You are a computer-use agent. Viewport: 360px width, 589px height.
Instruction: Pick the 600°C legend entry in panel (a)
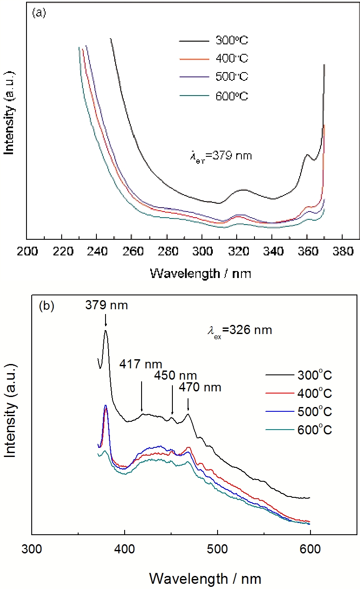(232, 96)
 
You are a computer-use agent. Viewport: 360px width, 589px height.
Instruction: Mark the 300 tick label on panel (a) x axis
(202, 252)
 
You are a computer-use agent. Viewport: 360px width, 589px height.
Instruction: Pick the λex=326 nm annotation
(239, 331)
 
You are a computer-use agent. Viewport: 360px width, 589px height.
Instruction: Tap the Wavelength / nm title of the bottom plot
(205, 579)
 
